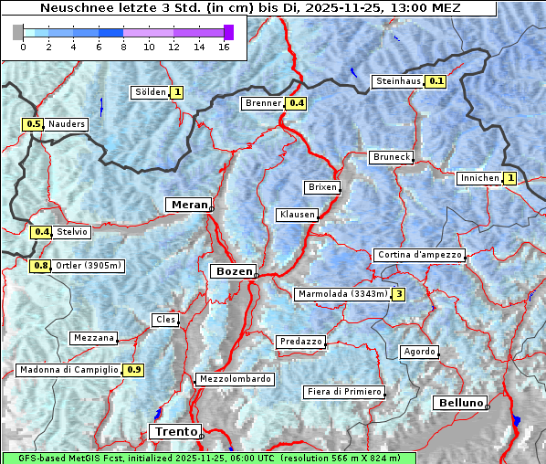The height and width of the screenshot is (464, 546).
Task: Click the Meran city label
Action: [x=188, y=205]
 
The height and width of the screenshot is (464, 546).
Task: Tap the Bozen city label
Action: [x=233, y=271]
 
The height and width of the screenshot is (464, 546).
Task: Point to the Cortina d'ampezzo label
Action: [x=419, y=255]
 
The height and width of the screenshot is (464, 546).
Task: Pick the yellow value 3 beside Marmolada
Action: [x=398, y=294]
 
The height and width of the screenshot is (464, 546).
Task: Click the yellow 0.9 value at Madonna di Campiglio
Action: [x=133, y=370]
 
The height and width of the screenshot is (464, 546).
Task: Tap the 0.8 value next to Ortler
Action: [x=40, y=266]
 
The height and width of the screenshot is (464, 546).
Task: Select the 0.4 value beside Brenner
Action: [x=296, y=103]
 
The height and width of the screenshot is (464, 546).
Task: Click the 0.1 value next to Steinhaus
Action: [x=436, y=81]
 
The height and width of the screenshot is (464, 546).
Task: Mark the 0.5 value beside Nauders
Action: [x=33, y=124]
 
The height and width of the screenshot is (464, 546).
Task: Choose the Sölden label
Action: [x=151, y=92]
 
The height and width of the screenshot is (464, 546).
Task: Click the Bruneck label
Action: [x=391, y=157]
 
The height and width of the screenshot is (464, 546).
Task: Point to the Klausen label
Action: [x=296, y=215]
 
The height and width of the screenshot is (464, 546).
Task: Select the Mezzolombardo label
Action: [x=234, y=379]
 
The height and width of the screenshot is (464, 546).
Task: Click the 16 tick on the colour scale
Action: [x=224, y=46]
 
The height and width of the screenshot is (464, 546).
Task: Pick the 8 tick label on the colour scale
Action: [x=122, y=46]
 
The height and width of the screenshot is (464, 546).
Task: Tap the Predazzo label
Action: [x=299, y=342]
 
